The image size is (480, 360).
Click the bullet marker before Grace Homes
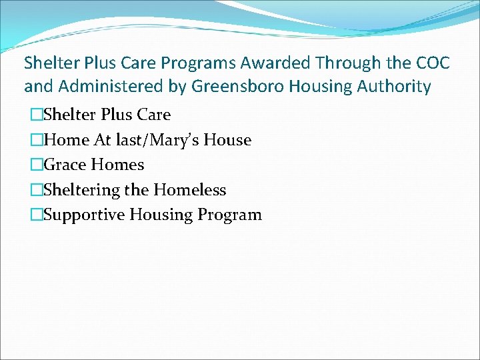tap(36, 165)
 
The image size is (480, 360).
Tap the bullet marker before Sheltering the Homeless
tap(36, 191)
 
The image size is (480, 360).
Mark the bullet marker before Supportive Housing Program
tap(36, 215)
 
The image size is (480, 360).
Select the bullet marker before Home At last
tap(36, 141)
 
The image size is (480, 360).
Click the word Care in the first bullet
tap(155, 115)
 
